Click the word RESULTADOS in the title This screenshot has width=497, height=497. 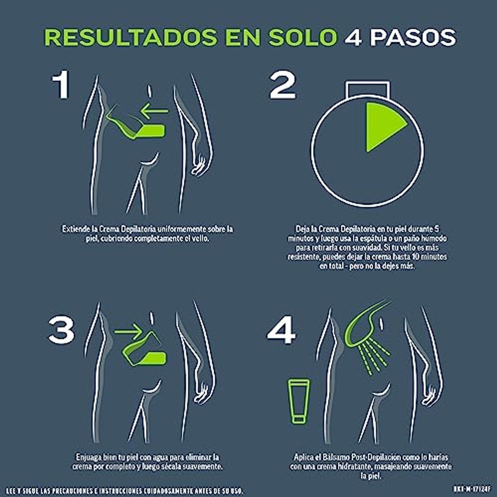point(131,37)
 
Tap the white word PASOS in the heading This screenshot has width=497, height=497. point(414,37)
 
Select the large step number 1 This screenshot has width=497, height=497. point(61,84)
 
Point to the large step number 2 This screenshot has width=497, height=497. point(282,84)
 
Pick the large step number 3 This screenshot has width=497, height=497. point(61,330)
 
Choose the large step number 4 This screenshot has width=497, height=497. point(282,330)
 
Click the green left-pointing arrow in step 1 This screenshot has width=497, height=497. point(154,111)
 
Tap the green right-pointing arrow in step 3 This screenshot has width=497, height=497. point(128,331)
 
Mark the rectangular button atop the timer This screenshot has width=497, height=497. point(368,89)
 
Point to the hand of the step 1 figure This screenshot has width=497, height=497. point(199,165)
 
